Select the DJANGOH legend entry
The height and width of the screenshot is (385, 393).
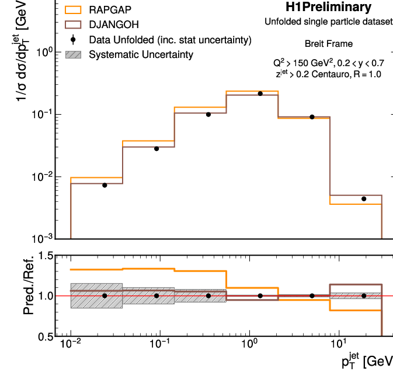click(x=114, y=25)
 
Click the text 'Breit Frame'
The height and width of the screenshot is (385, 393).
click(x=328, y=43)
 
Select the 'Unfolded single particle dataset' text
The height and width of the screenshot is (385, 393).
click(x=328, y=22)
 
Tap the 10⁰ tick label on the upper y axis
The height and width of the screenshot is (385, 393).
click(x=46, y=52)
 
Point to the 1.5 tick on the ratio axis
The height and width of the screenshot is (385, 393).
click(x=45, y=256)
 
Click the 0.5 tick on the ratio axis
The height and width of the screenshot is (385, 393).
click(x=45, y=336)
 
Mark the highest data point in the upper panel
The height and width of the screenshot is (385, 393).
click(x=260, y=94)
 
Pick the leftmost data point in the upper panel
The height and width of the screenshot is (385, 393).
click(x=105, y=185)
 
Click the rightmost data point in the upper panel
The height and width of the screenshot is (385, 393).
click(x=363, y=199)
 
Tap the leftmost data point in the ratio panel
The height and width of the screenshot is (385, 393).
click(x=105, y=295)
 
